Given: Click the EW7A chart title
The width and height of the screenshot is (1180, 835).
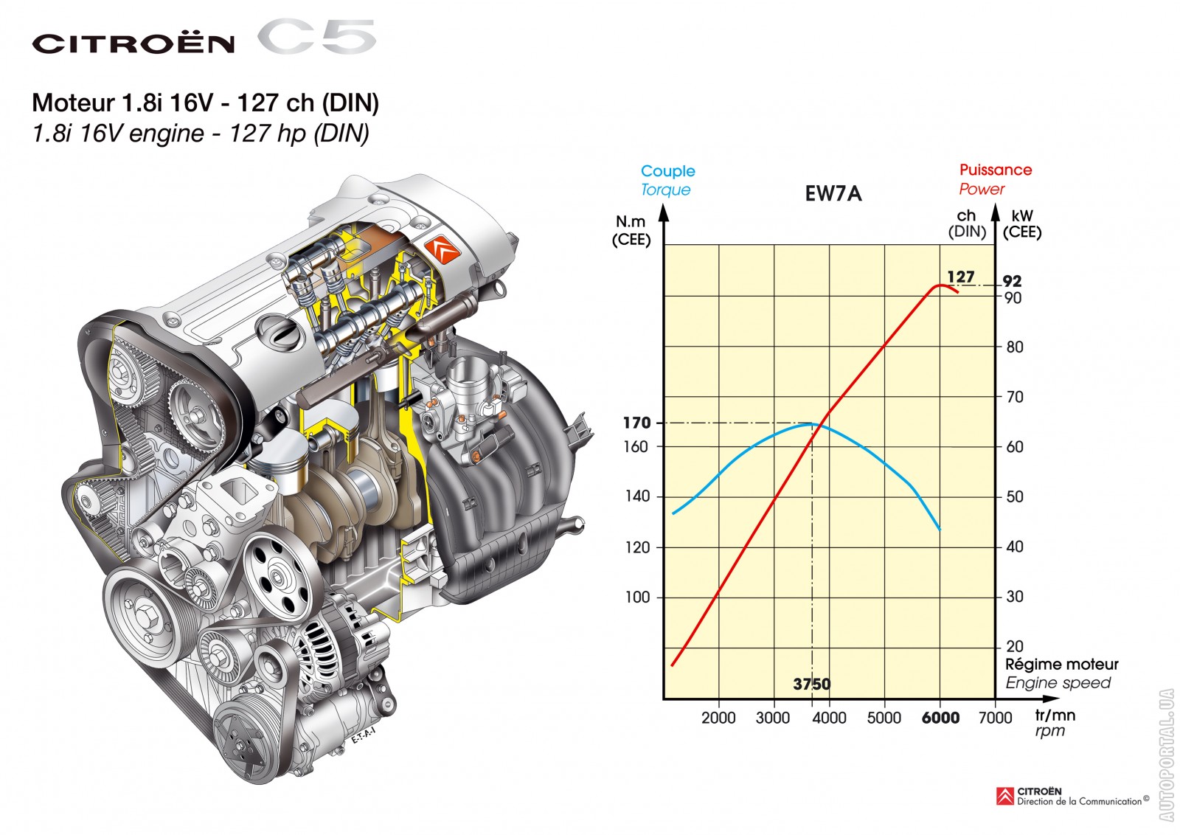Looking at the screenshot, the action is pos(833,194).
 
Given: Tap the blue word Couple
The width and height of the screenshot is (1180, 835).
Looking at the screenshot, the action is pos(667,171).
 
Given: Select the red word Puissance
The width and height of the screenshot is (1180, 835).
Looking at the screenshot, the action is pos(995,170).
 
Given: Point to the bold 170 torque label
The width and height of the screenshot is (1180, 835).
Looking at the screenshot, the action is pos(637,423).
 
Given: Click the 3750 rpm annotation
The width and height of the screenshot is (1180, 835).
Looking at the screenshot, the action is pos(812,684).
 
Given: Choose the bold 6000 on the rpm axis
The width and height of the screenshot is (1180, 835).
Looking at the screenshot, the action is pos(940,718).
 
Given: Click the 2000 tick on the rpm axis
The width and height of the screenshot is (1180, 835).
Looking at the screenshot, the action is pos(718,718).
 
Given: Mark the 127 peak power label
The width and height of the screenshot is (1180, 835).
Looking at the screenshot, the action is pos(961,277).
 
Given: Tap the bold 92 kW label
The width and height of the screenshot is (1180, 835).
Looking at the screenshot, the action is pos(1012,281).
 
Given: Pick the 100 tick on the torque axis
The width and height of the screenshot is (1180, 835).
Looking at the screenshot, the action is pos(637,597).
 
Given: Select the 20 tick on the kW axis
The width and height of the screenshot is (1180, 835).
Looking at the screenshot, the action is pos(1015,646).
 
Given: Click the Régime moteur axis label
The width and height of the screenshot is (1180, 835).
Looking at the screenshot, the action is pos(1061,664).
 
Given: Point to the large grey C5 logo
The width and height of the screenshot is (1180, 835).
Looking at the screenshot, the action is pos(316,36).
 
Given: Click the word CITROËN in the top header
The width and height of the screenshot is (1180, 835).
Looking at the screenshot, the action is pos(133,44).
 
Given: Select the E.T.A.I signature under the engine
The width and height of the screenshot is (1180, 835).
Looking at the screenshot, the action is pos(364,735).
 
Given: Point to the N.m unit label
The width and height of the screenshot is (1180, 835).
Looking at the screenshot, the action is pos(630,221).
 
